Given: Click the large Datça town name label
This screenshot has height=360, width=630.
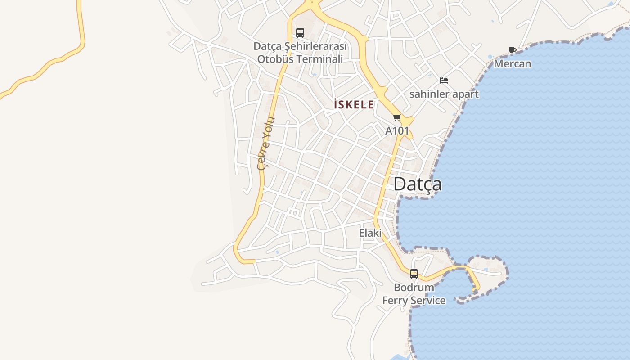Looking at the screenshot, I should tap(417, 184).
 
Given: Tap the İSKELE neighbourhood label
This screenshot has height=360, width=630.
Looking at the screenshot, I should tap(354, 105).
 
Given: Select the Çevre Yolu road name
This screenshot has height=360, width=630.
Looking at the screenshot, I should tap(265, 143).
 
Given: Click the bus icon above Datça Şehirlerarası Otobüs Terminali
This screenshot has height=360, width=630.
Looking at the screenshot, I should tap(300, 33).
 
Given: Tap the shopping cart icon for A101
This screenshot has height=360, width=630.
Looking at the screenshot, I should tap(397, 118).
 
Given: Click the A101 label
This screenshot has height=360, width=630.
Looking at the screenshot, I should tap(397, 131).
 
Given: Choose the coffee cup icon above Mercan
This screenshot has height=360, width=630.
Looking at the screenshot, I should tap(512, 50).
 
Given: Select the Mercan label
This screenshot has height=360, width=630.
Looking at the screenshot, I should tap(513, 64).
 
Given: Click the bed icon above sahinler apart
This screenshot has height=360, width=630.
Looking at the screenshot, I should tap(444, 81).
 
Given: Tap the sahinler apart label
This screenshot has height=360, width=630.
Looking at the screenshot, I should tap(444, 94).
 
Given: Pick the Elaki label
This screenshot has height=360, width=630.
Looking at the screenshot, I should tap(370, 233).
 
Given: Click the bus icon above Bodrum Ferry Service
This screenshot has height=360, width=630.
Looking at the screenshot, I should tap(414, 274).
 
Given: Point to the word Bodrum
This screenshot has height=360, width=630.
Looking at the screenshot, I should tap(414, 287).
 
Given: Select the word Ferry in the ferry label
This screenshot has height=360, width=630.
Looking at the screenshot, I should tap(396, 301).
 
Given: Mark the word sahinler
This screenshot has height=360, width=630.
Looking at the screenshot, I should tap(429, 94).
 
